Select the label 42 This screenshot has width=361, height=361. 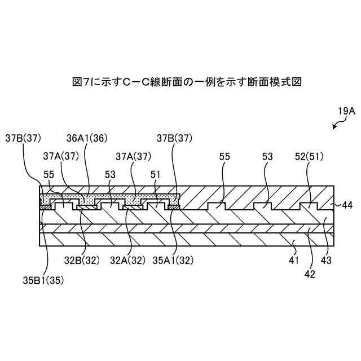click(309, 275)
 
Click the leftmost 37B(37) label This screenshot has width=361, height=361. click(23, 138)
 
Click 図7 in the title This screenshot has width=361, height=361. click(83, 81)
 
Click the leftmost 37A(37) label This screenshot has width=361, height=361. click(61, 156)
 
